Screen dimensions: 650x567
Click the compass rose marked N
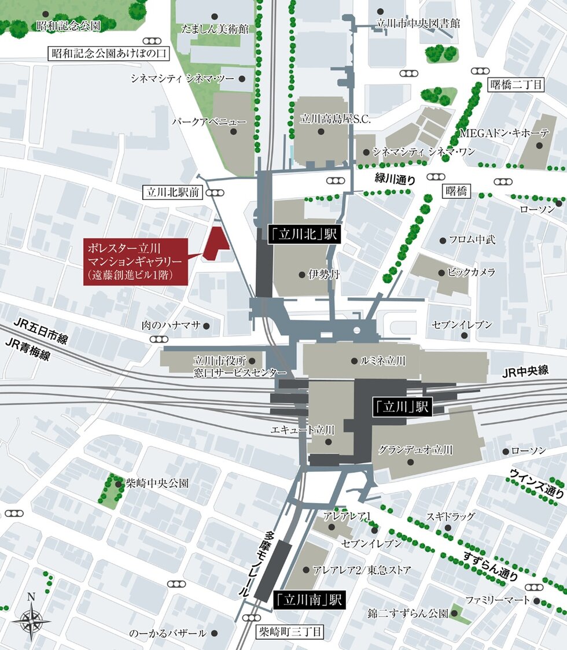tap(31, 618)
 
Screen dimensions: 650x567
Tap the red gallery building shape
tap(216, 243)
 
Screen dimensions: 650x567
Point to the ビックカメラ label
tap(470, 272)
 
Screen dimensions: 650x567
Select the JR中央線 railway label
tap(525, 371)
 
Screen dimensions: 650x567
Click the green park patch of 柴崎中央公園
tap(107, 487)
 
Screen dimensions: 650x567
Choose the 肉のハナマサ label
tap(171, 326)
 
